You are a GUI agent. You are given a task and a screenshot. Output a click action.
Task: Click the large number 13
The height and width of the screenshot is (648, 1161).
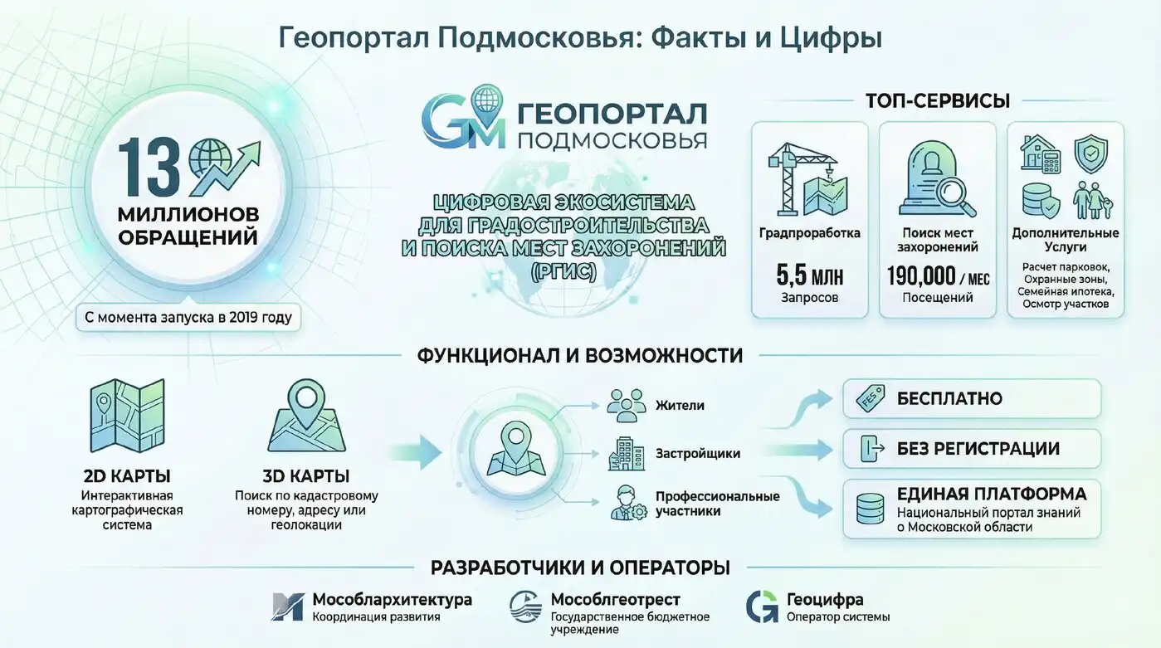point(149,168)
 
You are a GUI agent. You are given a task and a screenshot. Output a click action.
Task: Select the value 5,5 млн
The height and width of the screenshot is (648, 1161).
point(809,274)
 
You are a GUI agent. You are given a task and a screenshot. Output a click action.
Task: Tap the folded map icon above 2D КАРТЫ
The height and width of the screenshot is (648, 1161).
point(127,416)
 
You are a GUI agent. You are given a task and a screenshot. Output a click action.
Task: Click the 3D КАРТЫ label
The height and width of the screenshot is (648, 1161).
point(305,476)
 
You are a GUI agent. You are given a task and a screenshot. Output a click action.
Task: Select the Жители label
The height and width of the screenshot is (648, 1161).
point(680,406)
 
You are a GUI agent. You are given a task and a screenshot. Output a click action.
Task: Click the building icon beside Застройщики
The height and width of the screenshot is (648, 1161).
point(626,454)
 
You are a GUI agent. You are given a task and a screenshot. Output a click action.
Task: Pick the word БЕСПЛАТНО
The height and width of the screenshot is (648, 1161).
point(949,399)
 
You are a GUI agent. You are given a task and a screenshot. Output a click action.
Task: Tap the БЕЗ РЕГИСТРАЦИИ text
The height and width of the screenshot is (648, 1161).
point(978,449)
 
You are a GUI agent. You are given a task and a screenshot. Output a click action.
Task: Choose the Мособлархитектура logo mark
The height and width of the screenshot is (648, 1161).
point(287,607)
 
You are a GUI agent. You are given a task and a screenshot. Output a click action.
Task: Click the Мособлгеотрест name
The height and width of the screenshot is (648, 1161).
point(616,599)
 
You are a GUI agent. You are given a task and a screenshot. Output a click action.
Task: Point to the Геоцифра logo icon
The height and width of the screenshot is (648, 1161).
point(762,607)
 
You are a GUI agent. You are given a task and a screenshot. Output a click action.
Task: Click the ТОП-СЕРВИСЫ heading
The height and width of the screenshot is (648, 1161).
point(937,101)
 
